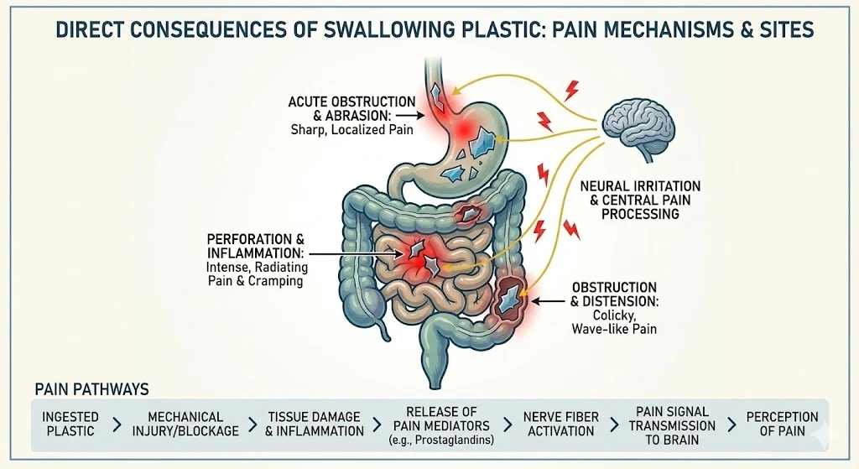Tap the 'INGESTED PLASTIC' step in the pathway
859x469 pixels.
71,424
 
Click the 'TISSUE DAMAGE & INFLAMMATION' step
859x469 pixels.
315,424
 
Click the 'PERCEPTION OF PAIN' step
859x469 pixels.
782,424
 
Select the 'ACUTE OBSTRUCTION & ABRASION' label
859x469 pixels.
351,108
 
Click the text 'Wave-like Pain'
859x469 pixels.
614,329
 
